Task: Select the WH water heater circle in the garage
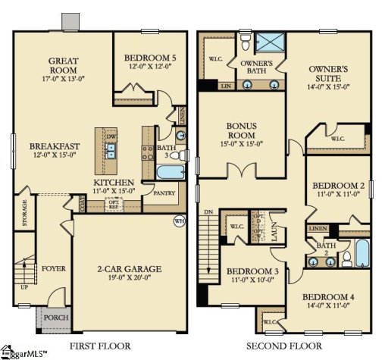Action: click(180, 221)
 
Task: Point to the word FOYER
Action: click(54, 268)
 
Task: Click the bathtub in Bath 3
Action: click(167, 171)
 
